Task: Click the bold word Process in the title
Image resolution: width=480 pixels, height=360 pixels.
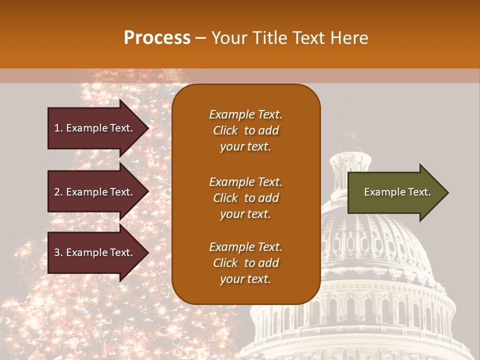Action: coord(157,38)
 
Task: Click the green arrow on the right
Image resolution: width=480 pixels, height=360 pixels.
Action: coord(395,192)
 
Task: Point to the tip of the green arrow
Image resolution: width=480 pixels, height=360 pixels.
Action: coord(447,192)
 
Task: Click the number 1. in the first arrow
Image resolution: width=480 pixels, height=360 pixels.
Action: coord(58,128)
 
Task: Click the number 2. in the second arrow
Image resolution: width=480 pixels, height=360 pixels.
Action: coord(58,192)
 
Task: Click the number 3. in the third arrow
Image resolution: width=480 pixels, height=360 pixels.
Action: coord(58,252)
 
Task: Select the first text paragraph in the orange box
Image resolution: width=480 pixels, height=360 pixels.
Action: coord(245,130)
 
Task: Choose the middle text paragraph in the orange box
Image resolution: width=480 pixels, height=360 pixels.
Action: coord(245,198)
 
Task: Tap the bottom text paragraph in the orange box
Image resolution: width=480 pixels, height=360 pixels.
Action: coord(245,263)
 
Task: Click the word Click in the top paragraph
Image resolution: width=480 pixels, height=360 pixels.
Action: coord(225,130)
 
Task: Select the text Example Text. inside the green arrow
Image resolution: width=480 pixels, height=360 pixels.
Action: coord(397,192)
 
